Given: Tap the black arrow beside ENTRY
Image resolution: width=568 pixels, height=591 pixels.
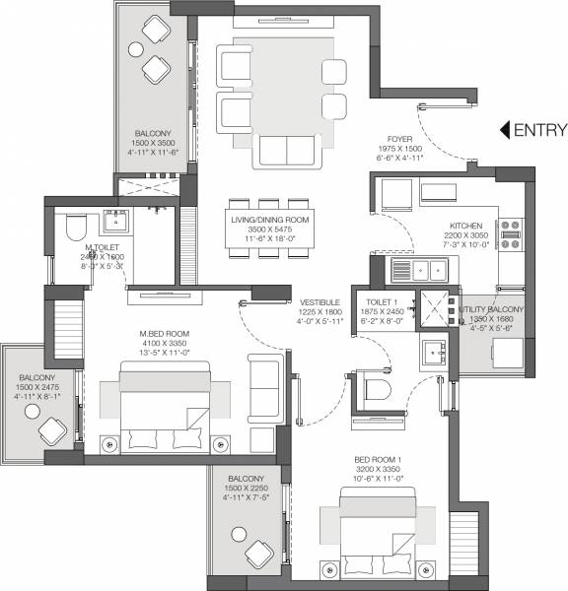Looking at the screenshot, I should point(504,129).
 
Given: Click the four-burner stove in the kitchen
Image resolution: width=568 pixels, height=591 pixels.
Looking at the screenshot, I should point(513,230).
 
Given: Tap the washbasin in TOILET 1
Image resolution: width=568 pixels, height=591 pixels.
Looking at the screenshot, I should point(432,353).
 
